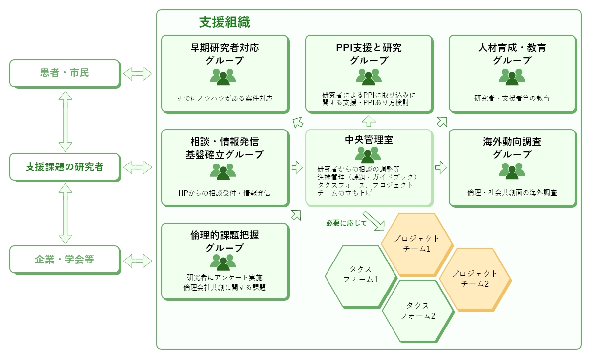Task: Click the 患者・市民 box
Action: [x=65, y=73]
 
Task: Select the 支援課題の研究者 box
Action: [x=65, y=167]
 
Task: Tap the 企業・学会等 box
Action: [x=65, y=260]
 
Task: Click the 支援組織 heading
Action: [x=225, y=22]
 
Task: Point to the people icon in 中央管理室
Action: [x=368, y=154]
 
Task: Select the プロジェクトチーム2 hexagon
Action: [x=475, y=279]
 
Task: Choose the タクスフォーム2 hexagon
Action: [x=418, y=311]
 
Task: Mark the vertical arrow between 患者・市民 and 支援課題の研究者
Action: [x=66, y=121]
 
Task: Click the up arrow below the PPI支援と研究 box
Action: [x=369, y=120]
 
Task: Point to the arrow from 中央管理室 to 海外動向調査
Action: [x=441, y=166]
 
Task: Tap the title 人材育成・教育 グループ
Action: [x=512, y=54]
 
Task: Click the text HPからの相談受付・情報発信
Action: [x=225, y=192]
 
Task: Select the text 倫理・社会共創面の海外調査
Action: [x=512, y=192]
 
